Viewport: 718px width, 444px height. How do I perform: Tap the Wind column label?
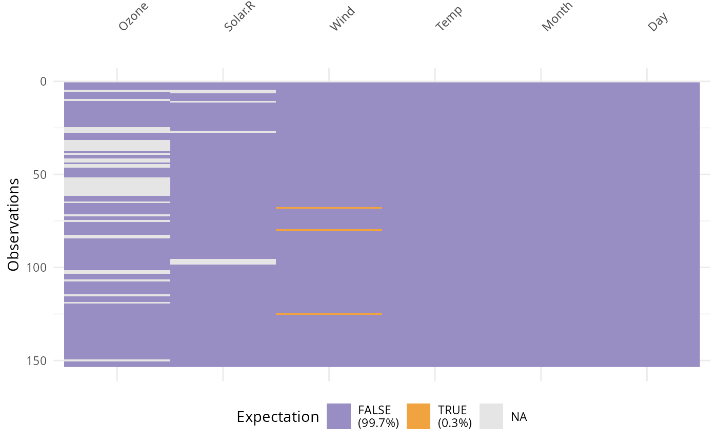point(342,19)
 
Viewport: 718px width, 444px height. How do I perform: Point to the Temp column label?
point(449,19)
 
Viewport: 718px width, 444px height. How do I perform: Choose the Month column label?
point(557,17)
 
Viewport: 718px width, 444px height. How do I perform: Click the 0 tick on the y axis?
point(43,82)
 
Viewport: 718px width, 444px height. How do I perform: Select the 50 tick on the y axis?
point(39,174)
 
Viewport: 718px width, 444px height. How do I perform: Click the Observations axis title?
point(14,224)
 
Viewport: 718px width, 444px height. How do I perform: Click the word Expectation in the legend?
point(277,417)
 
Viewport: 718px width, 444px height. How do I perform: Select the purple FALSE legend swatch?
point(339,416)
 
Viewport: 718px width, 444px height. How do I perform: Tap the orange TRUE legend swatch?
point(418,416)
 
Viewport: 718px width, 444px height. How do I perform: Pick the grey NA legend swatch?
point(491,416)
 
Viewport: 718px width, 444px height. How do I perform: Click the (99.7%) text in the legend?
point(378,423)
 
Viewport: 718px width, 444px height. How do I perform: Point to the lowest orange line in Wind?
point(329,314)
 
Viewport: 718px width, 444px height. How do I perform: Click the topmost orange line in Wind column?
point(329,208)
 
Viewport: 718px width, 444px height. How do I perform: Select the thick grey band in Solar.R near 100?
point(223,261)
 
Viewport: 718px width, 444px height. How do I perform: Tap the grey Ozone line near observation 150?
point(117,360)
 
